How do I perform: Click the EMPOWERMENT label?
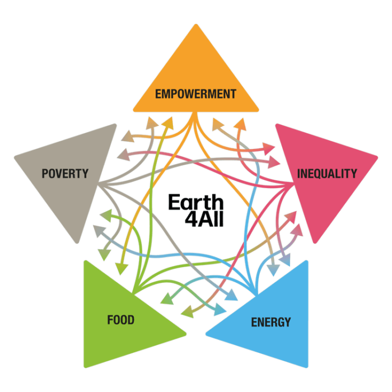click(x=196, y=94)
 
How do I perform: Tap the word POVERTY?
click(x=65, y=174)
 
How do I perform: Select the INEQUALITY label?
click(x=327, y=174)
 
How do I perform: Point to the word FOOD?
click(x=121, y=320)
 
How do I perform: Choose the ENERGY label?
click(x=271, y=322)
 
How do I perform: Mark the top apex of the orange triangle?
click(x=196, y=25)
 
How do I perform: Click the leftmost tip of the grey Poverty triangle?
click(x=15, y=158)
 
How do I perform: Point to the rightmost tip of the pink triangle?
click(x=377, y=158)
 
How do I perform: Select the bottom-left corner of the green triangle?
click(x=85, y=367)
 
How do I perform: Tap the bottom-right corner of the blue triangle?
click(x=307, y=367)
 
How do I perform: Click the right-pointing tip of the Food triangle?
click(x=186, y=334)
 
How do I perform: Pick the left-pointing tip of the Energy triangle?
click(x=206, y=334)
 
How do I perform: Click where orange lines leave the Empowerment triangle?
click(x=195, y=113)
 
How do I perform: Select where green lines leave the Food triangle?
click(x=134, y=292)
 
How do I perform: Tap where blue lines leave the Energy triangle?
click(x=256, y=292)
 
